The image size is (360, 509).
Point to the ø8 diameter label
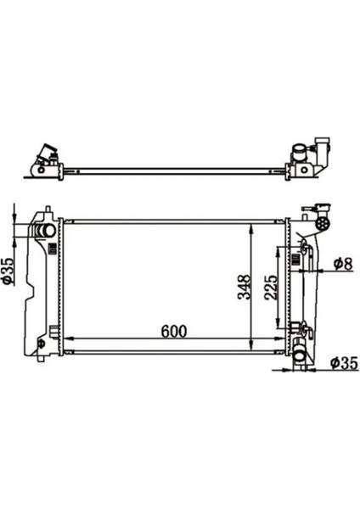(x=342, y=264)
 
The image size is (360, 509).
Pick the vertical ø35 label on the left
(x=8, y=270)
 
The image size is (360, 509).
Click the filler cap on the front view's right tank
(x=323, y=222)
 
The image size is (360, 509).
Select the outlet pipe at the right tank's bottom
(x=301, y=358)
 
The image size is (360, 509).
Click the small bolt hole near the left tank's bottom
(x=41, y=344)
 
